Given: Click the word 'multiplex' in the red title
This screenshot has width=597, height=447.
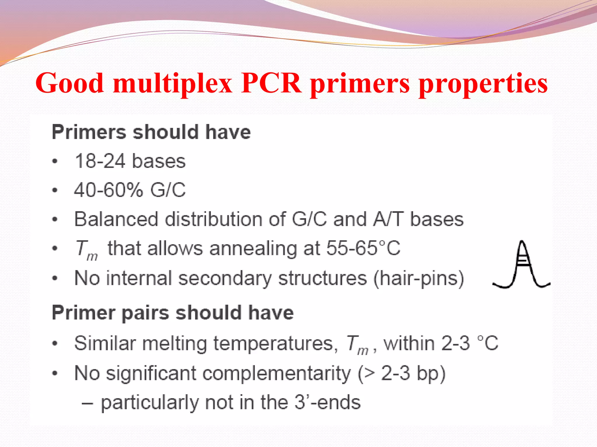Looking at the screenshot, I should pyautogui.click(x=173, y=84).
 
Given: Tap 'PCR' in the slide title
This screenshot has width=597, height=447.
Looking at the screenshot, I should pyautogui.click(x=271, y=83).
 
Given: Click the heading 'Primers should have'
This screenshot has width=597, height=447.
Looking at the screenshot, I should pyautogui.click(x=151, y=132).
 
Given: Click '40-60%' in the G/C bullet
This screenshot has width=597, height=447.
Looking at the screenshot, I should pyautogui.click(x=108, y=190).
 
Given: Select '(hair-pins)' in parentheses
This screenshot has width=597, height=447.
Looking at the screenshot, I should pyautogui.click(x=419, y=278).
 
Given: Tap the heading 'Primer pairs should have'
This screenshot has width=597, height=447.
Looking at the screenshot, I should pyautogui.click(x=173, y=313).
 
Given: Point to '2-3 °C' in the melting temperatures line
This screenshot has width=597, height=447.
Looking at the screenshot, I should pyautogui.click(x=469, y=343).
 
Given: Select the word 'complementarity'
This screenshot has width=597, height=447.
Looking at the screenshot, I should pyautogui.click(x=276, y=373).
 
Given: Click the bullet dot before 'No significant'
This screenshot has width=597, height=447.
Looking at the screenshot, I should pyautogui.click(x=55, y=373).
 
